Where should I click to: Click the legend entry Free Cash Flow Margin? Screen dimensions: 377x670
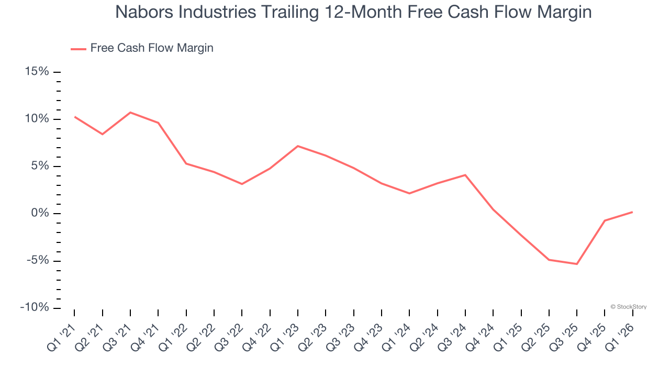pyautogui.click(x=151, y=48)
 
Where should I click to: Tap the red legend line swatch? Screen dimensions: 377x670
pyautogui.click(x=79, y=49)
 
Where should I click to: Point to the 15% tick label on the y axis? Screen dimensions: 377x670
pyautogui.click(x=37, y=72)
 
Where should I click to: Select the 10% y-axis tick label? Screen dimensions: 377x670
pyautogui.click(x=37, y=119)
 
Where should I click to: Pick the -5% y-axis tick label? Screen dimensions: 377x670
pyautogui.click(x=37, y=260)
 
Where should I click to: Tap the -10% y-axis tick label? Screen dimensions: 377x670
pyautogui.click(x=35, y=307)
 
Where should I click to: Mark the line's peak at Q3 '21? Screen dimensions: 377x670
pyautogui.click(x=130, y=112)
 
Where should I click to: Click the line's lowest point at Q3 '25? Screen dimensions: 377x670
pyautogui.click(x=577, y=264)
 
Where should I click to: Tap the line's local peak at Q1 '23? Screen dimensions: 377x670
pyautogui.click(x=298, y=146)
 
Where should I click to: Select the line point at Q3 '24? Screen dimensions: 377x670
pyautogui.click(x=465, y=175)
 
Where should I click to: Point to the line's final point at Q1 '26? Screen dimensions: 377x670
pyautogui.click(x=632, y=212)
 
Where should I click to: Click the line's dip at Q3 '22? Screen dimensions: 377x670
pyautogui.click(x=242, y=184)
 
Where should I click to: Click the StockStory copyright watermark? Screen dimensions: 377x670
pyautogui.click(x=628, y=307)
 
